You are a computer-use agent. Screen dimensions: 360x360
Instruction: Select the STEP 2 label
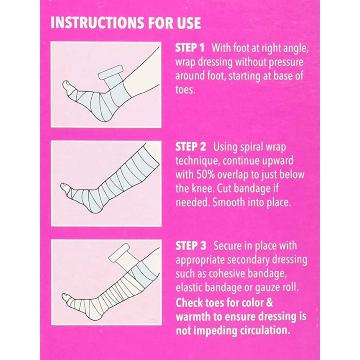pyautogui.click(x=191, y=147)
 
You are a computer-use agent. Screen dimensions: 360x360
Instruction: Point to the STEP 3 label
pyautogui.click(x=191, y=246)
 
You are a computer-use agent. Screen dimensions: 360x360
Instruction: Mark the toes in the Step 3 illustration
pyautogui.click(x=66, y=298)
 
